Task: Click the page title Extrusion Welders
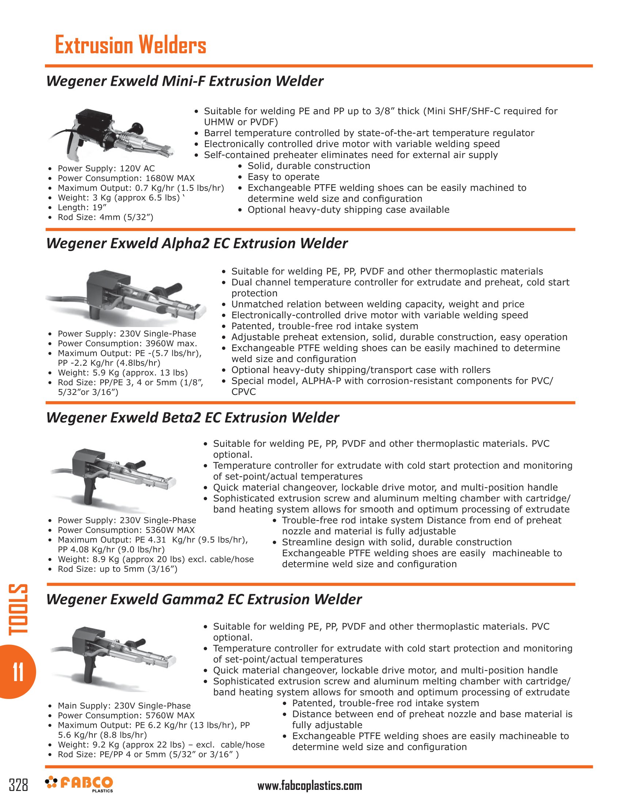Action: [x=130, y=46]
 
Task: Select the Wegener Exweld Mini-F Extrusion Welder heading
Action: [x=185, y=81]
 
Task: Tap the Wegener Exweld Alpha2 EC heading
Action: [x=197, y=243]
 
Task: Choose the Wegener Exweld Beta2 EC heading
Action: [x=193, y=418]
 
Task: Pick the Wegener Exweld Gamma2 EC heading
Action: [x=204, y=599]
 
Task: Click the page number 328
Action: [x=18, y=785]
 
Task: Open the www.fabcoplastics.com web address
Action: [x=309, y=786]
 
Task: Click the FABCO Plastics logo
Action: [x=79, y=784]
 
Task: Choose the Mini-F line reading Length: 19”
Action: [x=82, y=207]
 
